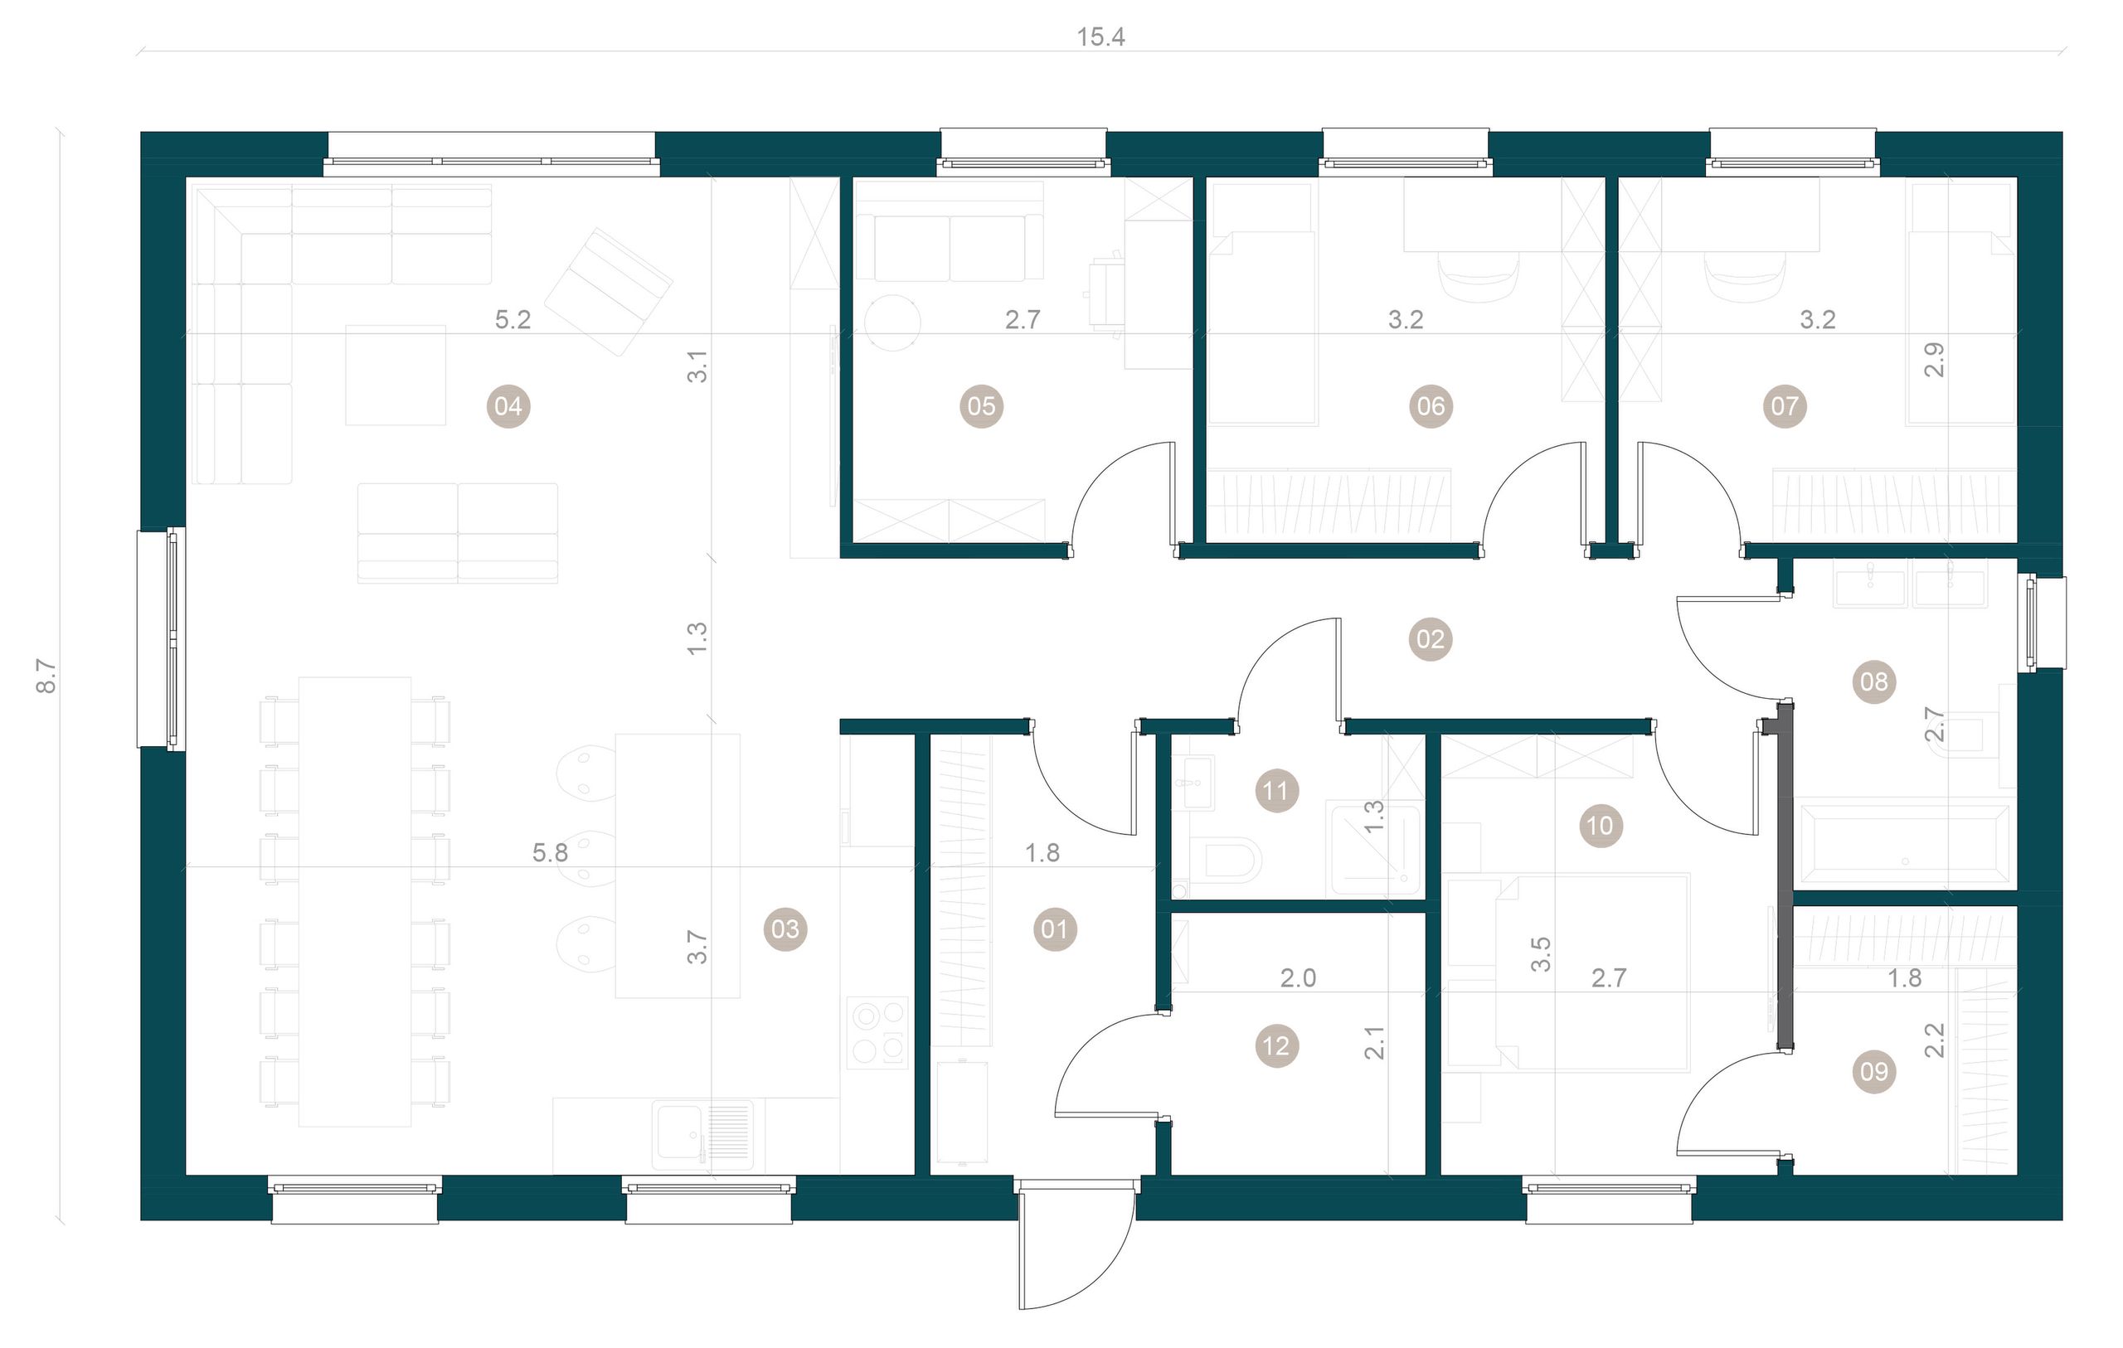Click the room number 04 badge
[x=508, y=406]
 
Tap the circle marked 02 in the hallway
[x=1430, y=639]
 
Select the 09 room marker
[x=1874, y=1071]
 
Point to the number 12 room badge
[x=1275, y=1046]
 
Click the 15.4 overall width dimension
[x=1101, y=37]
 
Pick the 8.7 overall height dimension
[x=46, y=676]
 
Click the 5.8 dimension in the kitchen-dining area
[x=549, y=852]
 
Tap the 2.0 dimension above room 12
[x=1298, y=977]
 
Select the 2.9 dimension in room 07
[x=1934, y=360]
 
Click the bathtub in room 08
[x=1905, y=842]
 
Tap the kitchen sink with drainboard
[x=702, y=1134]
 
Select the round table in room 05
[x=892, y=322]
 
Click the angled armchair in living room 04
[x=609, y=292]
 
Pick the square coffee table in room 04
[x=395, y=376]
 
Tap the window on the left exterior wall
[x=162, y=639]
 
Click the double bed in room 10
[x=1592, y=972]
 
